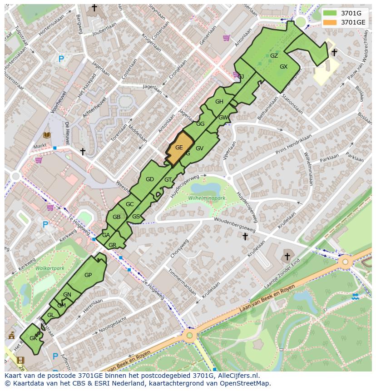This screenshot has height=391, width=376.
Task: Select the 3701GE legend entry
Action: (353, 22)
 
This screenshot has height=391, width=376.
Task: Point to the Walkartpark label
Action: (50, 268)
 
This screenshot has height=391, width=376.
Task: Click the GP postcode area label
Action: (88, 275)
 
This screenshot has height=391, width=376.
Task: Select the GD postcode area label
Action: (150, 179)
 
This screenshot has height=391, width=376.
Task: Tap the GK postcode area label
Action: (33, 338)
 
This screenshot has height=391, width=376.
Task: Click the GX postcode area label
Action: (283, 67)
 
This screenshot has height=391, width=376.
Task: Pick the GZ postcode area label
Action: (274, 56)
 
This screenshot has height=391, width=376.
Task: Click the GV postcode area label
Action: (199, 148)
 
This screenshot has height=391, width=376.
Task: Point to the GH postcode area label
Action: (219, 102)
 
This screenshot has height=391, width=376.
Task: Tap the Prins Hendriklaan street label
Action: (293, 144)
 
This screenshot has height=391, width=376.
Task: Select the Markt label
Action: (40, 146)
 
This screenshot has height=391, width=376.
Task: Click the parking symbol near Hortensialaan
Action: (61, 59)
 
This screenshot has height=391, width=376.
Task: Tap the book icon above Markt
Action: (47, 135)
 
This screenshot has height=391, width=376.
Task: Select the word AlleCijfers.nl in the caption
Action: (237, 376)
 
